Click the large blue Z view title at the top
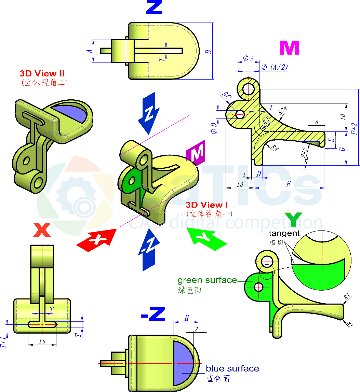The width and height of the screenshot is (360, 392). (154, 8)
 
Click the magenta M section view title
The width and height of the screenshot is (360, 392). (289, 48)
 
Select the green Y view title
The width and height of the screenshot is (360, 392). (293, 220)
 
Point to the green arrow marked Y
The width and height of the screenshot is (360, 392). (207, 238)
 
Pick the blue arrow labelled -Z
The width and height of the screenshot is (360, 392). (149, 249)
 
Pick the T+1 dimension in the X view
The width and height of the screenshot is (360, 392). (3, 342)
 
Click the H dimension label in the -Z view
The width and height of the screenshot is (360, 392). (187, 318)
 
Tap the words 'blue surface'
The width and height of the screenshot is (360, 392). (232, 369)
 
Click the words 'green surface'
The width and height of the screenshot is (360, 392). (207, 280)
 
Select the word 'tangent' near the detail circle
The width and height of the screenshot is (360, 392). (284, 234)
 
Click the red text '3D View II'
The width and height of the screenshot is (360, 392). (42, 73)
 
